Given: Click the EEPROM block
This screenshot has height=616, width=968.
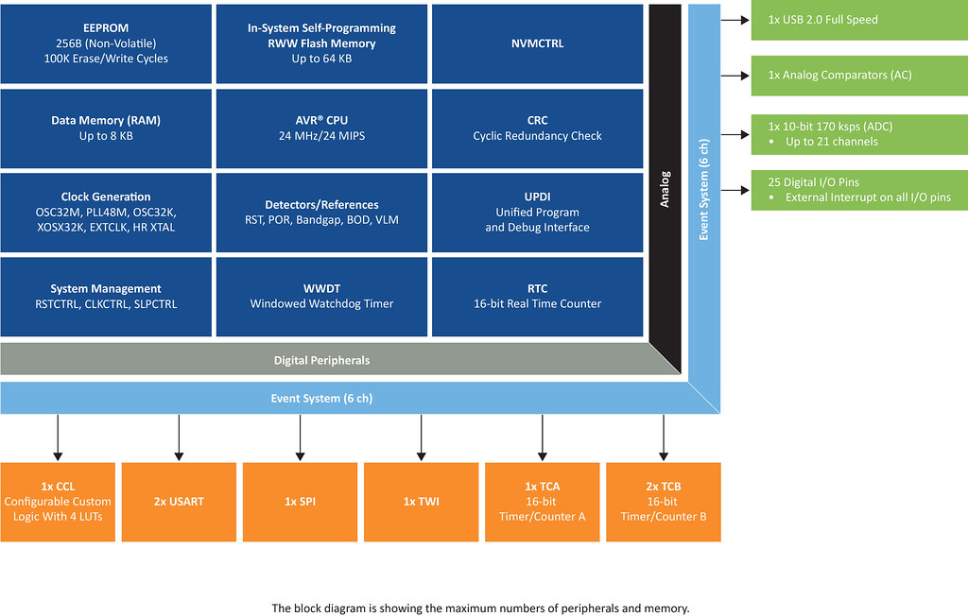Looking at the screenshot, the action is coord(106,43).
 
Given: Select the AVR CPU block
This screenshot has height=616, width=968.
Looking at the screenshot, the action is coord(321,128).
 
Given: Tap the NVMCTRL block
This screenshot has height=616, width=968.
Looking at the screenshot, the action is coord(537,43).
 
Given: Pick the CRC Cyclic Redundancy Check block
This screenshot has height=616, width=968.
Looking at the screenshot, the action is coord(537,128).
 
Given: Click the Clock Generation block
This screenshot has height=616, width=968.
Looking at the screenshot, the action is coord(106,213).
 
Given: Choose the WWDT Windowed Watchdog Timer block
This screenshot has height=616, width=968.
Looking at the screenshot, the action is coord(321,297).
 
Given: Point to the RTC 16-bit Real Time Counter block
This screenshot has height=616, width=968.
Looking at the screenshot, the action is coord(537,297).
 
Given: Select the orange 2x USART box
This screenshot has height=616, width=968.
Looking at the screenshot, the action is coord(179,502).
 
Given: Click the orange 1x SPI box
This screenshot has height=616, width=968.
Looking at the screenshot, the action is coord(300,502).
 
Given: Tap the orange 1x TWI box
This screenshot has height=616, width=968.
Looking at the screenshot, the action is coord(421,502).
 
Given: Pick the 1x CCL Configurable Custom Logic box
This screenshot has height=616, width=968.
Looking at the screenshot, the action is coord(58,502).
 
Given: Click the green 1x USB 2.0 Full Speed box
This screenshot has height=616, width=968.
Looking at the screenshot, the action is coord(859,21).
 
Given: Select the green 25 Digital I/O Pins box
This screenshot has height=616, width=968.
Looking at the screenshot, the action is coord(859,190).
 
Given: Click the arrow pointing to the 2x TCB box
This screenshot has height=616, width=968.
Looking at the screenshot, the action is coord(664,437).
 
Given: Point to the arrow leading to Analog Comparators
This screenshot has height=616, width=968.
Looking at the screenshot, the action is coord(735,76).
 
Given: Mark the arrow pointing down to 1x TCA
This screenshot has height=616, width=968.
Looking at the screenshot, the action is coord(543,437).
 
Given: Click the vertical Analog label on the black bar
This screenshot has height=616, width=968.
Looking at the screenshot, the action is coord(665,189).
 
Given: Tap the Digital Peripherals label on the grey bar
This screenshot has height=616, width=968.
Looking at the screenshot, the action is coord(321,361).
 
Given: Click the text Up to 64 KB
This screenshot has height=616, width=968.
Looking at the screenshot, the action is coord(321,59).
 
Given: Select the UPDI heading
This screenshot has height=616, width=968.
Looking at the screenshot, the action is coord(537,197).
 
